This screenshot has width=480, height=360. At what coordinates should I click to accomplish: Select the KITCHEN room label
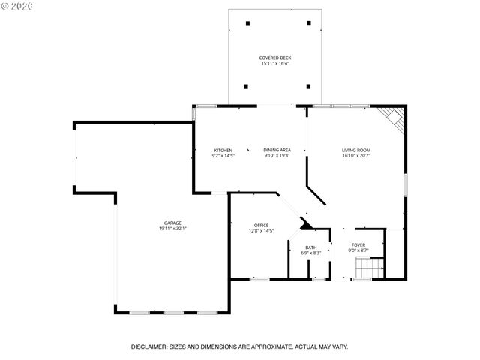[223, 150]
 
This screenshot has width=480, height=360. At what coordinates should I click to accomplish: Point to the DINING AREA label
[277, 150]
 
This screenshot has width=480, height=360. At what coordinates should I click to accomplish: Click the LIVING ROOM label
[356, 150]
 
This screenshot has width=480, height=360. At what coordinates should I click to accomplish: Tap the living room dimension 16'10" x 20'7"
[356, 156]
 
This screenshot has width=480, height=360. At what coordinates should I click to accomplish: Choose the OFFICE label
[261, 225]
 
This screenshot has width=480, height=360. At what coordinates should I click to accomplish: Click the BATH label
[310, 247]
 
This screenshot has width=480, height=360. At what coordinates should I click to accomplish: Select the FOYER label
[358, 244]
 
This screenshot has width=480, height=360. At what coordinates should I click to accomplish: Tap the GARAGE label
[172, 223]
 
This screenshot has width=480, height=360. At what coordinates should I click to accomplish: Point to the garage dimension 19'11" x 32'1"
[172, 229]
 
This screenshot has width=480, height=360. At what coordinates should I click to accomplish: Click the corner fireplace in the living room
[394, 118]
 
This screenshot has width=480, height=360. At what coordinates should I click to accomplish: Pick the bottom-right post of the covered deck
[308, 86]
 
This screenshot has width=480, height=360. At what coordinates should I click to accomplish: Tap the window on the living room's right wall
[406, 184]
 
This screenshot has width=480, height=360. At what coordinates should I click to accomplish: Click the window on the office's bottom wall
[259, 279]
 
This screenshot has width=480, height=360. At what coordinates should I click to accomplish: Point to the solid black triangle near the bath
[306, 223]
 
